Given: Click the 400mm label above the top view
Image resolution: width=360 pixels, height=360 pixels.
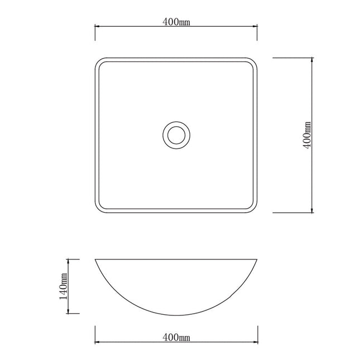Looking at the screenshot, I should (176, 22).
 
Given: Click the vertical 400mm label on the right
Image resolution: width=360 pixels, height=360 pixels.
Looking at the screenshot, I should (307, 135).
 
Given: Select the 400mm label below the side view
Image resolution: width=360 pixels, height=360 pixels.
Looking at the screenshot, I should (176, 338).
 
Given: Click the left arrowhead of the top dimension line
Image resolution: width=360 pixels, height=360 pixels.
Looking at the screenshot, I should (97, 26).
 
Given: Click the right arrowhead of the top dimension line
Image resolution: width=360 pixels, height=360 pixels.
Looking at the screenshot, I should (256, 26).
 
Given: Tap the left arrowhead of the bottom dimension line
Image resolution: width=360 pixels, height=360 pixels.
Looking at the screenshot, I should (97, 342).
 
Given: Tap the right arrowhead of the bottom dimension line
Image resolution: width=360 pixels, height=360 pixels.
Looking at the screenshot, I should (256, 342).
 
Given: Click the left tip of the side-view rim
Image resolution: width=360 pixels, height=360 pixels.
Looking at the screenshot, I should (95, 260).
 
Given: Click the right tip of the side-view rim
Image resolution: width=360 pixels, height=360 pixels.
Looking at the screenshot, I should (258, 260).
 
